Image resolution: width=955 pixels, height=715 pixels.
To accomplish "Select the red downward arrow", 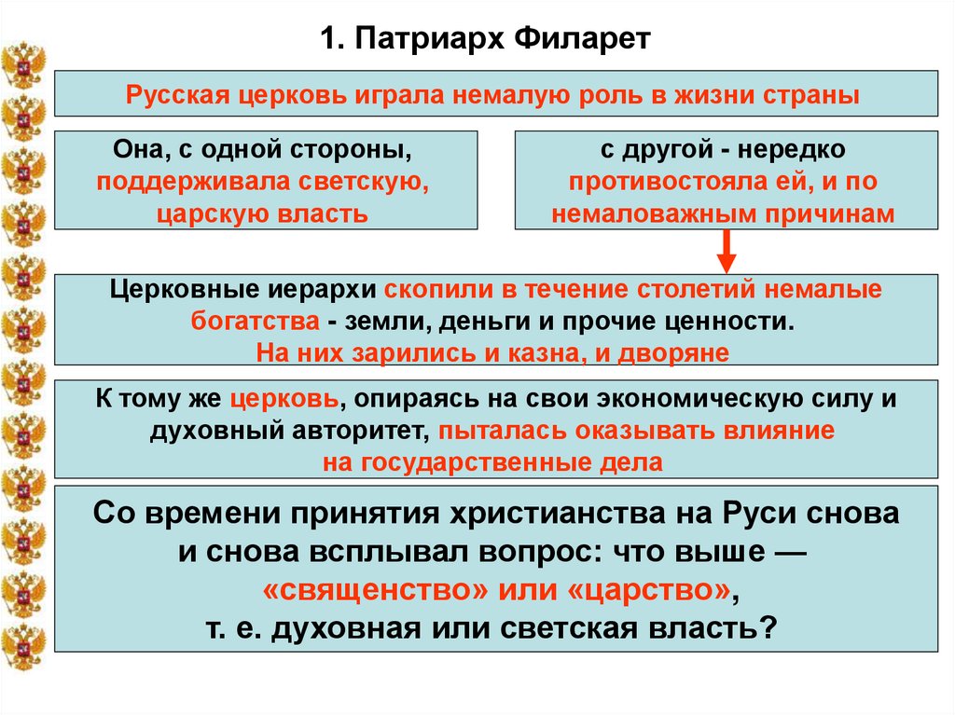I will [727, 252].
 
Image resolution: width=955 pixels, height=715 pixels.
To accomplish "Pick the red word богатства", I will [252, 322].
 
